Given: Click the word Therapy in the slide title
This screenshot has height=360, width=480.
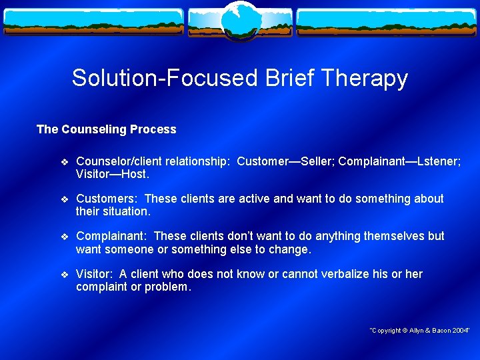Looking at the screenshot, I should tap(365, 79).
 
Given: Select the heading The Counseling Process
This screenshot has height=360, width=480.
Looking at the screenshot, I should tap(106, 129).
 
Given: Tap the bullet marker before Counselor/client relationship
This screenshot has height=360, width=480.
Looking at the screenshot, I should tap(64, 161).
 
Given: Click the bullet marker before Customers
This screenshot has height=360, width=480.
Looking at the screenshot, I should tap(64, 199).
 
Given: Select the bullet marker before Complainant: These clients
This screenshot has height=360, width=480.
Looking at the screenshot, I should tap(64, 237).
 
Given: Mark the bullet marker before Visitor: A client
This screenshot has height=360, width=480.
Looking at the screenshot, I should tap(64, 275).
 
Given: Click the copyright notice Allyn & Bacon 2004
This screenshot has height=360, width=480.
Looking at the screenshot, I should tap(420, 331).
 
